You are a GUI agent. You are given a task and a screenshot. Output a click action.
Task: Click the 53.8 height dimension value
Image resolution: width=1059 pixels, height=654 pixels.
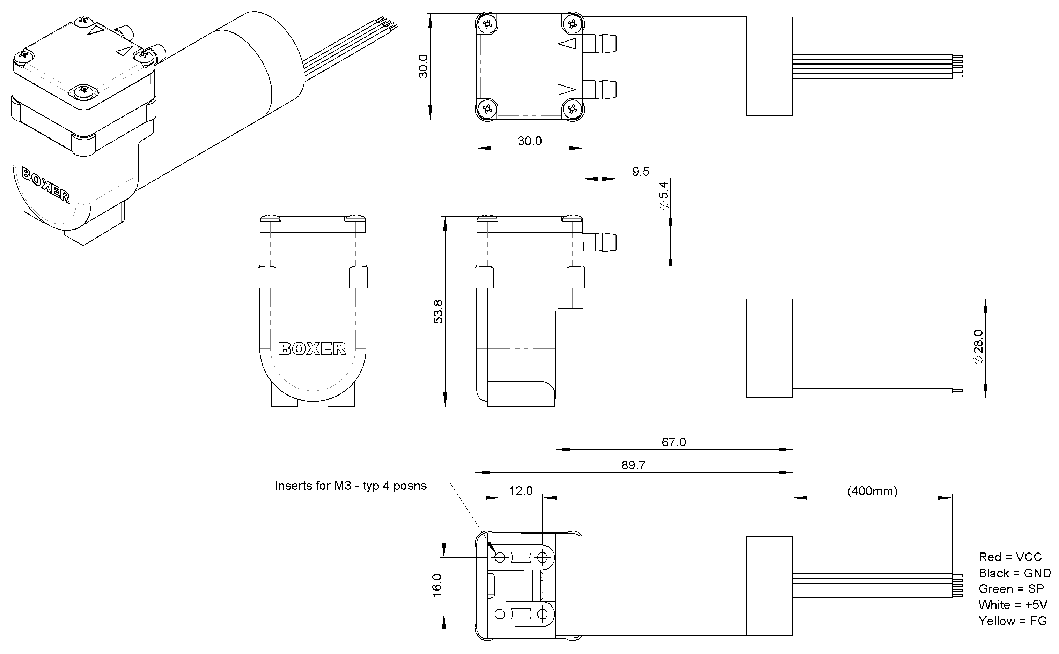[x=438, y=311]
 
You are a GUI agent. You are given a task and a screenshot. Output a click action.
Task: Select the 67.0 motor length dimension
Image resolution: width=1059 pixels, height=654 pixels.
[x=674, y=442]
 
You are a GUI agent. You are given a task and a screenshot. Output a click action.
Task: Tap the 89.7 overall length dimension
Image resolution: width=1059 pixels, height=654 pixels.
[x=633, y=465]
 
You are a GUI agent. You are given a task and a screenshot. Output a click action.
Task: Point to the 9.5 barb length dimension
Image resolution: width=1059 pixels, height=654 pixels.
[x=640, y=172]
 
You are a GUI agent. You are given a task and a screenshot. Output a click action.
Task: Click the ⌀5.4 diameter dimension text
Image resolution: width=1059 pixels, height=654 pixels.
[x=663, y=196]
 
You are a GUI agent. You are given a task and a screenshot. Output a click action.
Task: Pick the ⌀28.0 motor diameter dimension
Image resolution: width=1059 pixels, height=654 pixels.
[x=978, y=347]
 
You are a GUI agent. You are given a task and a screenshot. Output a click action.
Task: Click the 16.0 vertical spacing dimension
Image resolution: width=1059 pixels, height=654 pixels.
[x=437, y=585]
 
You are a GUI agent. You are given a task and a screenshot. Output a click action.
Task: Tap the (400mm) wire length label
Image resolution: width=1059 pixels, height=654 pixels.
[x=872, y=491]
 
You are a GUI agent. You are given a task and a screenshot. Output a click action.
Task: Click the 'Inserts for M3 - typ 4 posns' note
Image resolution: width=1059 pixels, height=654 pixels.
[x=351, y=486]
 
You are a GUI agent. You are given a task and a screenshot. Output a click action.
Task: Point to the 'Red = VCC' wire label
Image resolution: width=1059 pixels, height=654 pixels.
[x=1010, y=557]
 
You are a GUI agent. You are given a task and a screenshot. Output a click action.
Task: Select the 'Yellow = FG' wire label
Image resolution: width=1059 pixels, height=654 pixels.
[x=1012, y=621]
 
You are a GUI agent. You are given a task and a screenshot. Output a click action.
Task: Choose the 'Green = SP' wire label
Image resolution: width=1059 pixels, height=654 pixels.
[x=1011, y=589]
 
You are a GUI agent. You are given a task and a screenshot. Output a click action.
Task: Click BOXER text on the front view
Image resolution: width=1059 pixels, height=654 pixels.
[x=312, y=349]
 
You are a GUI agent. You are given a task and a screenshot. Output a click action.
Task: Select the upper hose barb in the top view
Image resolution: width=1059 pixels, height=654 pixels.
[x=600, y=44]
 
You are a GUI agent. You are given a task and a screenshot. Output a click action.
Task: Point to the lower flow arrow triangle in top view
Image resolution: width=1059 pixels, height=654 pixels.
[x=566, y=90]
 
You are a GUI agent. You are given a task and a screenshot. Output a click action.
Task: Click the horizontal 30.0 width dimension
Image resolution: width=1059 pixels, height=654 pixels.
[x=529, y=141]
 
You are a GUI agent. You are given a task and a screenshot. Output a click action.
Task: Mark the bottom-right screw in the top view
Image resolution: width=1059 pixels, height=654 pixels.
[x=573, y=108]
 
